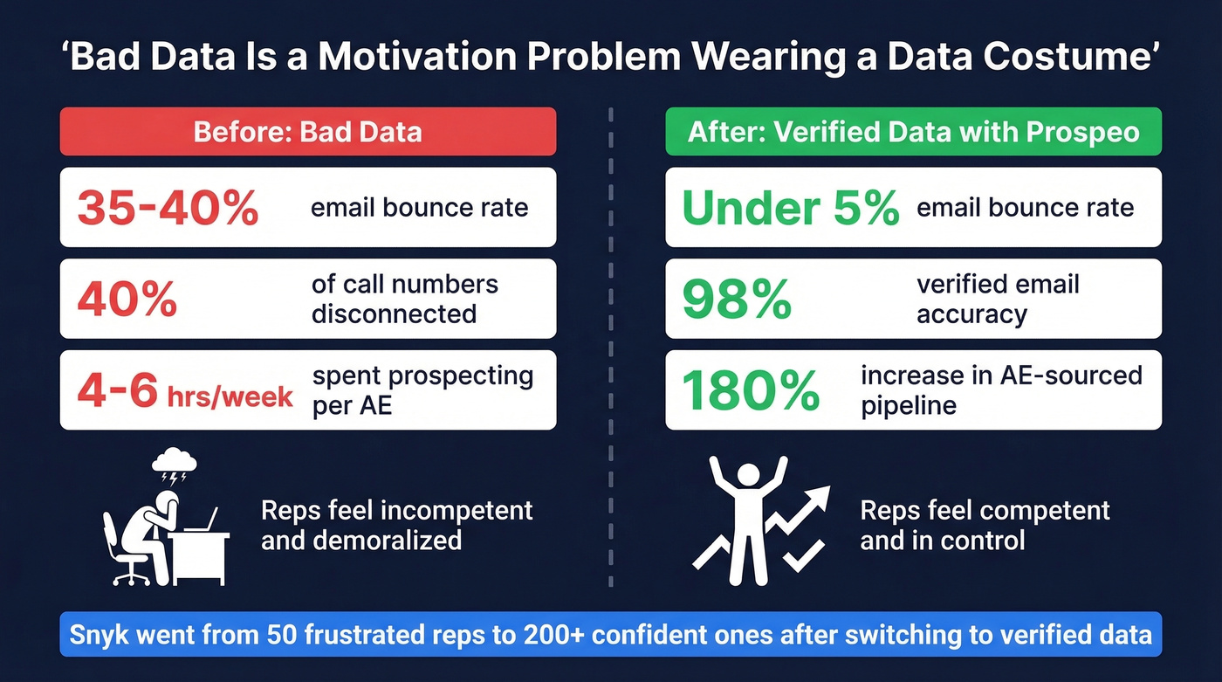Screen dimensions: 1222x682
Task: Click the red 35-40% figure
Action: pyautogui.click(x=168, y=209)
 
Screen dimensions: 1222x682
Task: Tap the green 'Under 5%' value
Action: pyautogui.click(x=790, y=209)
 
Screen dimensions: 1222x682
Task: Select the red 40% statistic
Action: pyautogui.click(x=127, y=300)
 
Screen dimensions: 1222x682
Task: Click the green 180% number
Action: pyautogui.click(x=750, y=391)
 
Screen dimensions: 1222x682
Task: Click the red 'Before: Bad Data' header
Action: pyautogui.click(x=307, y=132)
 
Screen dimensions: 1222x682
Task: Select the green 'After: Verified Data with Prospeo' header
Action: pyautogui.click(x=913, y=132)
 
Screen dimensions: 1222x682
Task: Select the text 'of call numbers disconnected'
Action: pyautogui.click(x=404, y=299)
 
